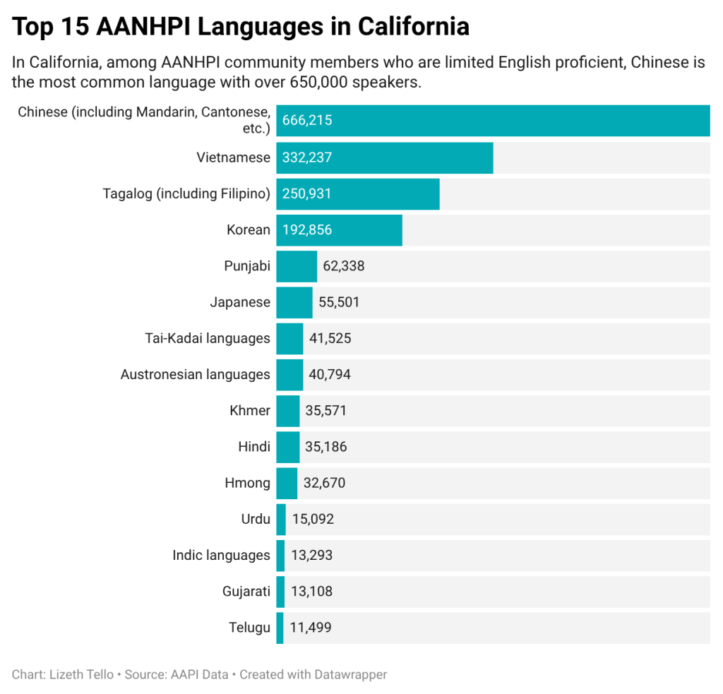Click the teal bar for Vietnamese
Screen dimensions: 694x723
tap(384, 157)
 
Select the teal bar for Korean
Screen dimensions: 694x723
tap(339, 230)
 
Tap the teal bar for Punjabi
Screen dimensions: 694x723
tap(297, 266)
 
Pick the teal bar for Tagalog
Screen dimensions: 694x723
tap(357, 194)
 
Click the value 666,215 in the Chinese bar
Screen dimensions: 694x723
tap(307, 121)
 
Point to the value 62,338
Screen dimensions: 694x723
tap(344, 266)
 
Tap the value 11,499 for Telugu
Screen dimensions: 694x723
tap(311, 628)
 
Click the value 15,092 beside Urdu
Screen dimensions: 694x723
tap(313, 520)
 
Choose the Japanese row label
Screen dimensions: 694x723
tap(240, 302)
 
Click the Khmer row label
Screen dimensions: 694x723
tap(250, 411)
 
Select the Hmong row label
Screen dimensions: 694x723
tap(247, 484)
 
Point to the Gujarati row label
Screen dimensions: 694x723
tap(246, 592)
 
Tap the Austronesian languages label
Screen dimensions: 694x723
tap(196, 375)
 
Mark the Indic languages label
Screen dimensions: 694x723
tap(221, 556)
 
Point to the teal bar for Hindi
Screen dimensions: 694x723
tap(288, 447)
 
